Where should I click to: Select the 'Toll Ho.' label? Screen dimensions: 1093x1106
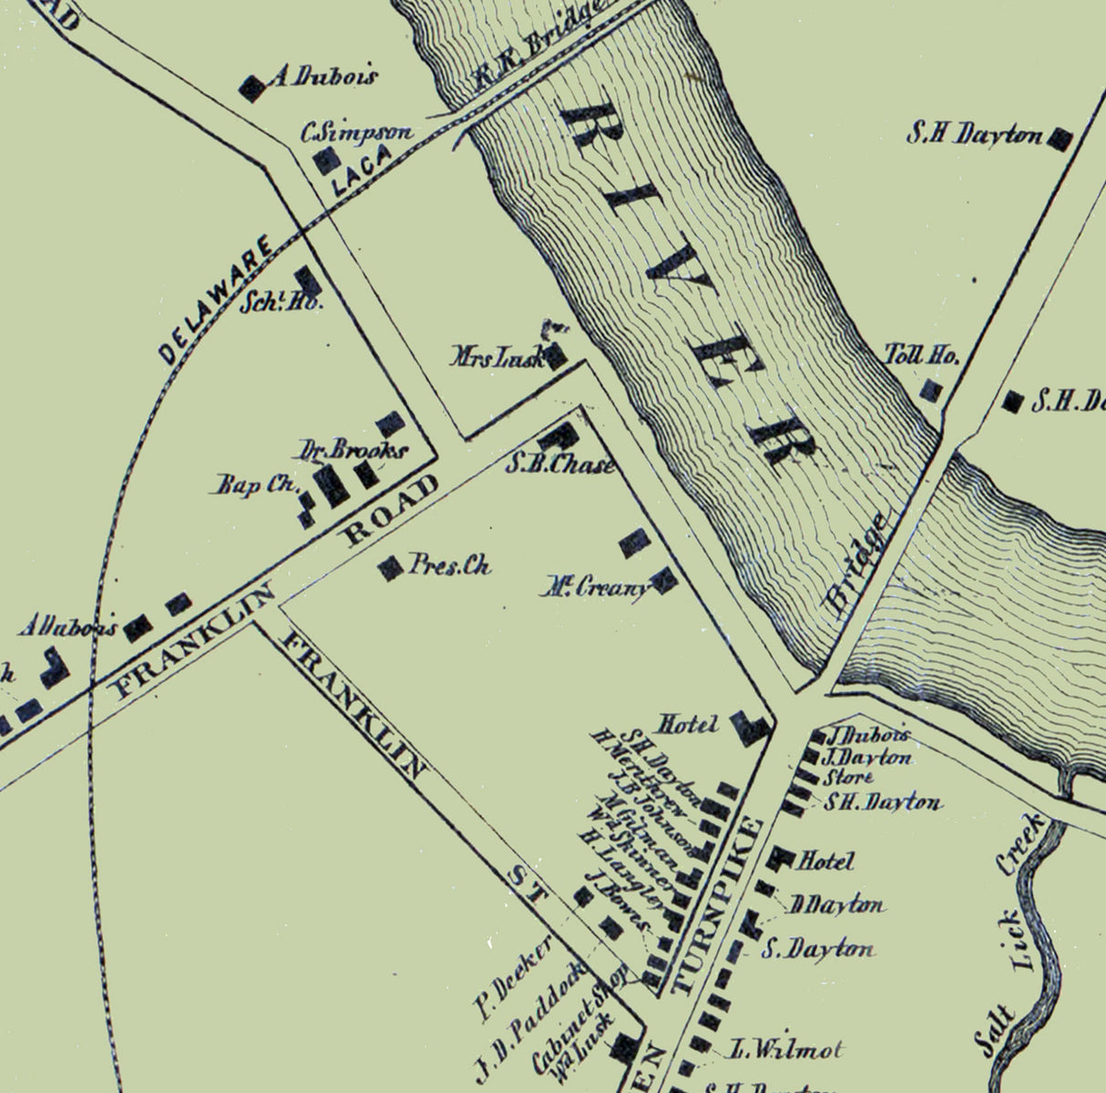922,356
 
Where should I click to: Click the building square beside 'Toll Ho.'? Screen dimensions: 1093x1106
930,390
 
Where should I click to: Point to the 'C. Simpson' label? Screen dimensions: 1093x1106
356,133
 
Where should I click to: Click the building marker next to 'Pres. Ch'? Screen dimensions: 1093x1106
391,568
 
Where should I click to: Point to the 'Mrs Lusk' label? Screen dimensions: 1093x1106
498,356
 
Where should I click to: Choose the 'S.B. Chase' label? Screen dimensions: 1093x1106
560,464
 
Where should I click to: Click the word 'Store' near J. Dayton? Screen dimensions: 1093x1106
848,778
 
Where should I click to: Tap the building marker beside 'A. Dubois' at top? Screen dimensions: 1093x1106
251,87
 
